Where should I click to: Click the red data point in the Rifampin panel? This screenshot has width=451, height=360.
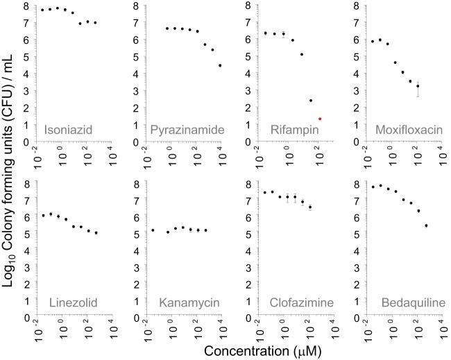tap(320, 119)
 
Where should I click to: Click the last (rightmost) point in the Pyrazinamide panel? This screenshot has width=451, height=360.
tap(220, 65)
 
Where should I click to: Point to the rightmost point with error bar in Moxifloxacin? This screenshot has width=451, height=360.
tap(418, 86)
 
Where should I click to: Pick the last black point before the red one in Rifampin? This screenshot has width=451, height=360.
tap(311, 101)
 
